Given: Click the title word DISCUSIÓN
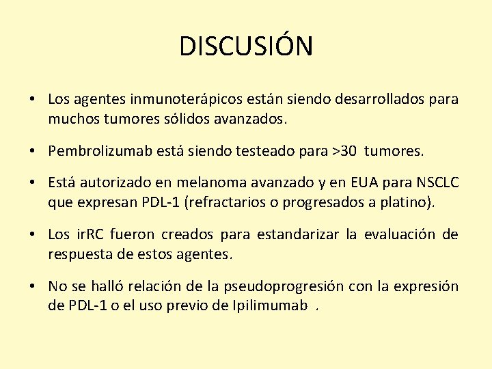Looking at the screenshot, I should coord(246,46).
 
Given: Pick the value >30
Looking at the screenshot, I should coord(344,150).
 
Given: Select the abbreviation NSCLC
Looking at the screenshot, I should coord(436,182).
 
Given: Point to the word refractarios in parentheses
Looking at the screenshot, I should coord(227,202).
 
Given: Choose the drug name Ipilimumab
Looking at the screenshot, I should coord(269,305).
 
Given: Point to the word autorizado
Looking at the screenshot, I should coord(112,182).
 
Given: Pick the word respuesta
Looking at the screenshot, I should coord(79,254).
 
